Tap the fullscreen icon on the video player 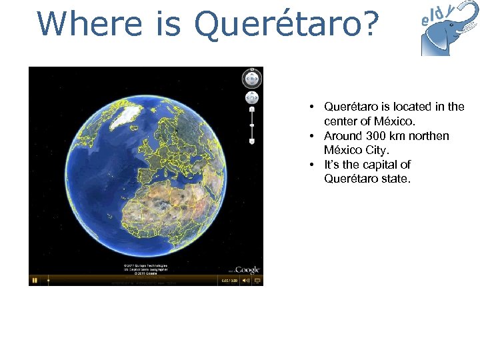pos(258,281)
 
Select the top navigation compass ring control pos(251,79)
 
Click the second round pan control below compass pos(251,98)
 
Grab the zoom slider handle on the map pos(251,125)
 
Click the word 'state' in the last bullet pos(395,179)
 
